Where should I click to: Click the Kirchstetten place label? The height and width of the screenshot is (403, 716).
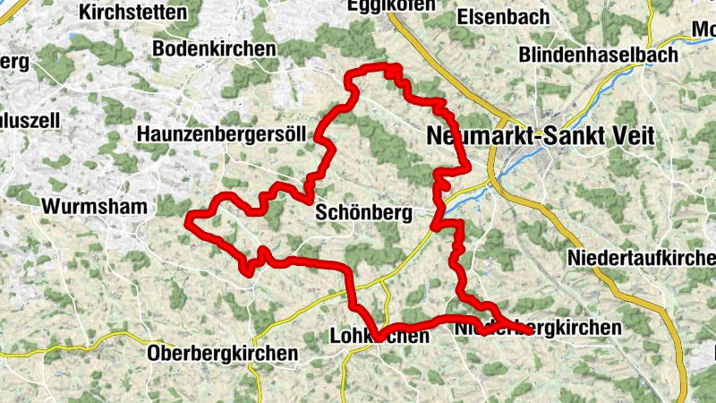click(x=133, y=13)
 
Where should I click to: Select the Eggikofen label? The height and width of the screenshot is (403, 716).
click(x=391, y=5)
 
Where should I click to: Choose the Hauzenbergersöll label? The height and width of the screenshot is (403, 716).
click(x=222, y=133)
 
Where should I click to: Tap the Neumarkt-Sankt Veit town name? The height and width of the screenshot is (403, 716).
click(x=541, y=136)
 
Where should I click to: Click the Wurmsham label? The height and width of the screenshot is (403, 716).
click(x=94, y=206)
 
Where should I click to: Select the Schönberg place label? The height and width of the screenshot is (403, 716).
click(x=362, y=214)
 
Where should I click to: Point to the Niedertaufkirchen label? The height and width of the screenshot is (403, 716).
click(x=641, y=259)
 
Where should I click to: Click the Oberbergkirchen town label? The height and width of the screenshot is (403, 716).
click(x=223, y=353)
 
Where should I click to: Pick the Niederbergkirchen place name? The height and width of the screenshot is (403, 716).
click(x=537, y=329)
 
